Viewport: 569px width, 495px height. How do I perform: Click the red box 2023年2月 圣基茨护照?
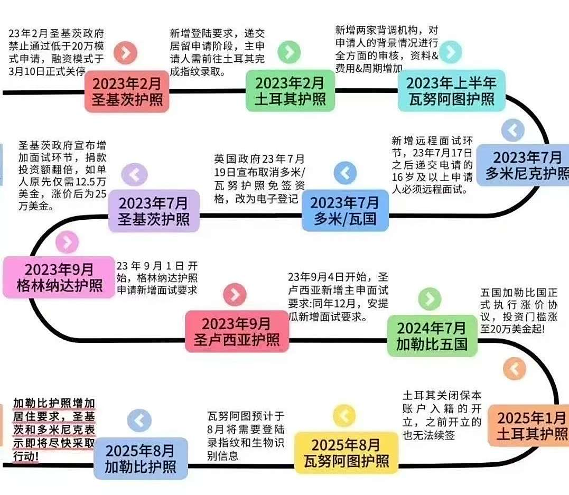pos(127,91)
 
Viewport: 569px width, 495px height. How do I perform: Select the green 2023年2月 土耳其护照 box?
pos(290,91)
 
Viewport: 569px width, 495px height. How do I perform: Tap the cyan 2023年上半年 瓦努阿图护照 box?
pos(451,91)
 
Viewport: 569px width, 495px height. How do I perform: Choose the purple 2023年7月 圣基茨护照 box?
pos(154,211)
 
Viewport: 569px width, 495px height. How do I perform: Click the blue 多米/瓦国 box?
pos(345,210)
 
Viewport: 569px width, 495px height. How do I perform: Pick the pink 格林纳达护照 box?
pos(59,277)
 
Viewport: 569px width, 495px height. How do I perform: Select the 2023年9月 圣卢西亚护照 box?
pos(237,331)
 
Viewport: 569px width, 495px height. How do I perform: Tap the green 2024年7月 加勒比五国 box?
pos(432,336)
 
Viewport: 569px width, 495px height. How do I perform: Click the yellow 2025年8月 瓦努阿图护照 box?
pos(346,453)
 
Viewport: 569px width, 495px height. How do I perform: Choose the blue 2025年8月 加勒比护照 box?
pos(141,459)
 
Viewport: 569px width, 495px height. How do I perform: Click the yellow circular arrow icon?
pos(344,416)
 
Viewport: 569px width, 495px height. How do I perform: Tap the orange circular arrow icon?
pos(515,369)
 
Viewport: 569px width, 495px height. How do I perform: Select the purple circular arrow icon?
pos(134,174)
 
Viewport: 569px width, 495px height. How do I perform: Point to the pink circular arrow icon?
pos(67,242)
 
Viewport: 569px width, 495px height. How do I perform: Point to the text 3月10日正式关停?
pos(47,71)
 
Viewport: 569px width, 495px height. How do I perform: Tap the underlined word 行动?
pos(26,456)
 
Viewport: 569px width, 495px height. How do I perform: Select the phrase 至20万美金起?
pos(512,329)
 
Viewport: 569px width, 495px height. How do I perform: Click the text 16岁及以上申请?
pos(432,177)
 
